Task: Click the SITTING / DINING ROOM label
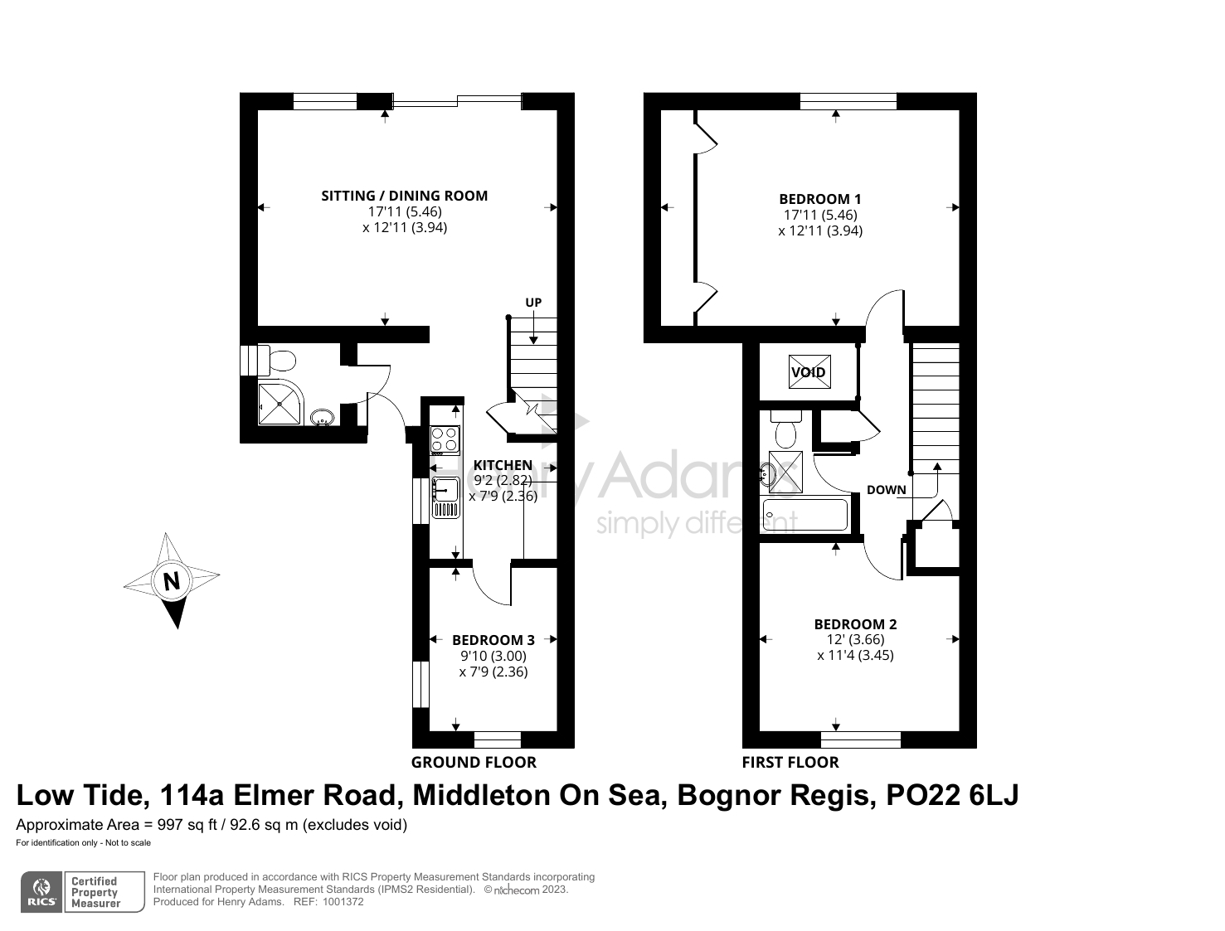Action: tap(404, 196)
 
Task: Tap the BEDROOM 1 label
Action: tap(819, 199)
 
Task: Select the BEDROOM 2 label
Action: tap(855, 624)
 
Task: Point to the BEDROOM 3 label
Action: tap(493, 640)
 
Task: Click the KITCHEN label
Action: tap(503, 465)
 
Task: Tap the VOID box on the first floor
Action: tap(809, 372)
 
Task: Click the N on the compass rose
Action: tap(172, 581)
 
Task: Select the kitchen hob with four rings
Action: tap(445, 439)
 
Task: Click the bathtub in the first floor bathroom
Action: tap(805, 515)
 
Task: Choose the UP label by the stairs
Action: tap(533, 303)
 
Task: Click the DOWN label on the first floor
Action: tap(886, 490)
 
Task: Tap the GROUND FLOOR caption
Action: tap(474, 762)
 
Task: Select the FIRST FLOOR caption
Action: tap(790, 762)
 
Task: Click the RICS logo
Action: tap(41, 892)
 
